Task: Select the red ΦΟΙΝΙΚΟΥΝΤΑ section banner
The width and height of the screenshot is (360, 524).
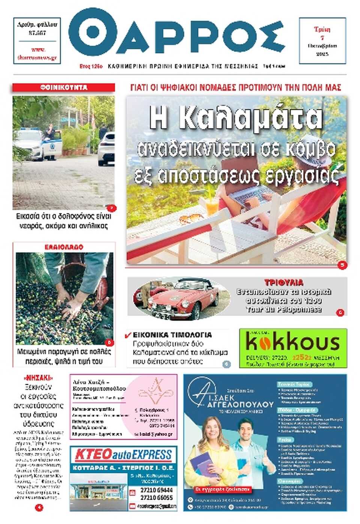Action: tap(64, 87)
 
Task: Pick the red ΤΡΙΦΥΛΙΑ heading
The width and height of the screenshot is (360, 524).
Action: tap(283, 282)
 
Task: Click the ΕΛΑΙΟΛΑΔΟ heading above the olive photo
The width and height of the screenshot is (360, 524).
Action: tap(64, 247)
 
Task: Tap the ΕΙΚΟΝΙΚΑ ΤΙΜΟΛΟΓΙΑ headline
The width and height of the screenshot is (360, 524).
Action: tap(172, 335)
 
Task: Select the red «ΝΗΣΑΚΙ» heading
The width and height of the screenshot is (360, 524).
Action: tap(39, 377)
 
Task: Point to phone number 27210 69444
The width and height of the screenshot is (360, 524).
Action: tap(156, 490)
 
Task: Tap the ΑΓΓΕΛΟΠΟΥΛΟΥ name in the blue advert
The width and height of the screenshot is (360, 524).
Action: tap(240, 404)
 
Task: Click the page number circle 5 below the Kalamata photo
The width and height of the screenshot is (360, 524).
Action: tap(342, 265)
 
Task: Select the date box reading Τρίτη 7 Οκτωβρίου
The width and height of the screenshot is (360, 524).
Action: tap(322, 41)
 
